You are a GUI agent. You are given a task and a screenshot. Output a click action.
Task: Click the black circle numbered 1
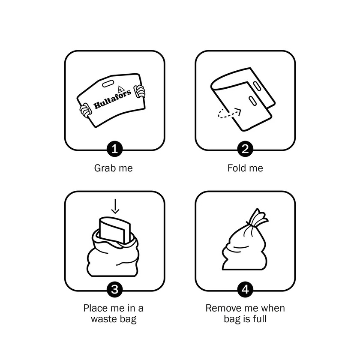tap(114, 149)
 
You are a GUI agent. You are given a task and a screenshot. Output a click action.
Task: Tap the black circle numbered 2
tap(245, 149)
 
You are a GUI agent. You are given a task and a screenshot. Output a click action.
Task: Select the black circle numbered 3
tap(114, 289)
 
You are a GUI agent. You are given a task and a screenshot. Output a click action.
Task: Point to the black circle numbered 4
tap(245, 289)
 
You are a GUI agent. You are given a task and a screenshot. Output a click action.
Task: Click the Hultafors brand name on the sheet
tap(112, 99)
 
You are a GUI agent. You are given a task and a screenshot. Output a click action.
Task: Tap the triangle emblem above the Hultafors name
tap(121, 89)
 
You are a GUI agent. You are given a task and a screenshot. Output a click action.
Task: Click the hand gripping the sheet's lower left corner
tap(85, 111)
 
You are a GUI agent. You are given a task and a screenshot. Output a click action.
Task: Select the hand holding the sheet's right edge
tap(140, 91)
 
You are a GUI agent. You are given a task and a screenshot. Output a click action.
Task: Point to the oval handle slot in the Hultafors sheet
tap(108, 84)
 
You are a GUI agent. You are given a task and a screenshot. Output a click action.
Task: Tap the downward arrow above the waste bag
tap(115, 206)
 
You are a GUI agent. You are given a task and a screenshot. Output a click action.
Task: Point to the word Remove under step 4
tap(221, 308)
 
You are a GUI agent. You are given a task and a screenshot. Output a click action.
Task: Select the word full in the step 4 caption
tap(260, 319)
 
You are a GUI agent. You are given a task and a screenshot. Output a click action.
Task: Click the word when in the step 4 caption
tap(274, 308)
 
